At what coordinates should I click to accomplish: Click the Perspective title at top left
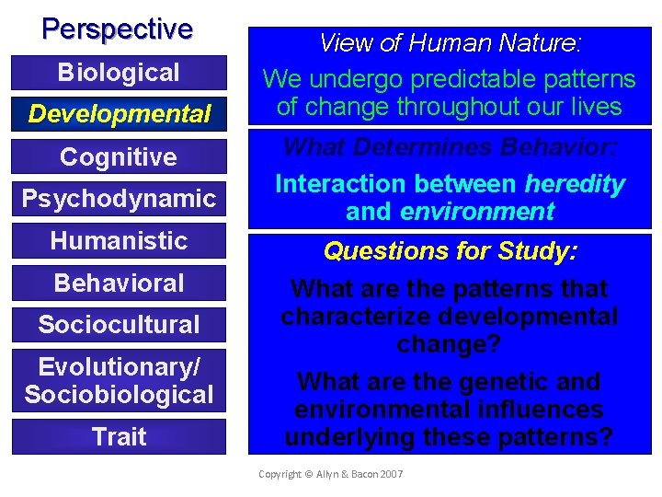(118, 29)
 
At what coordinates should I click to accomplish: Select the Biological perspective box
(119, 73)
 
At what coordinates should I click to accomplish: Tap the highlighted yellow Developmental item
(119, 115)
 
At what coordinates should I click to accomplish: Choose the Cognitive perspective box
(119, 157)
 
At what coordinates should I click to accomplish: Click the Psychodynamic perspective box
(119, 199)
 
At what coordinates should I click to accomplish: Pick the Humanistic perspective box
(119, 241)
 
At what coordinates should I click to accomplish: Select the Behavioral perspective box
(119, 283)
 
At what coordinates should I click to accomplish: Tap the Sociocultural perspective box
(119, 325)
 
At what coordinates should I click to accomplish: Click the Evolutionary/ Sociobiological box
(119, 381)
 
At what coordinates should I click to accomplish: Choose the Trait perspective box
(119, 436)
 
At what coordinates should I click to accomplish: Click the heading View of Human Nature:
(451, 42)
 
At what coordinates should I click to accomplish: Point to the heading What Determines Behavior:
(451, 147)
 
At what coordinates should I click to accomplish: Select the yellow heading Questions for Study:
(451, 250)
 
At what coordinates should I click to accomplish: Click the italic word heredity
(575, 184)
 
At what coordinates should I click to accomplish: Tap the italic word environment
(477, 212)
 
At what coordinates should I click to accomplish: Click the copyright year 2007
(389, 473)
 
